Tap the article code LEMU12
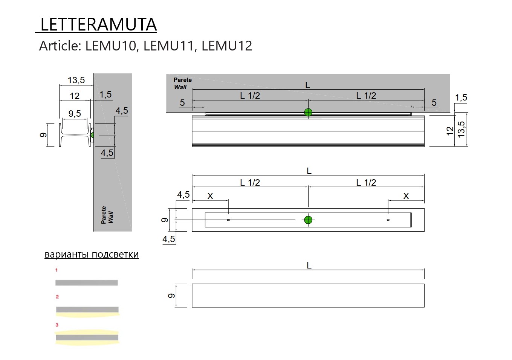click(x=226, y=46)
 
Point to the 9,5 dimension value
click(x=75, y=114)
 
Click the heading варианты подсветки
click(x=92, y=255)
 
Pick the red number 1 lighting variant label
click(x=57, y=270)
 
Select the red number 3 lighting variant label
click(x=57, y=325)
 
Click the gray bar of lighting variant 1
click(x=86, y=283)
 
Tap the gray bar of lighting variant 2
click(x=87, y=310)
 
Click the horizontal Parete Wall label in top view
click(x=182, y=84)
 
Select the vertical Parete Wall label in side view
click(x=107, y=215)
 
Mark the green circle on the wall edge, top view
click(x=308, y=112)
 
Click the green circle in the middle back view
click(x=308, y=220)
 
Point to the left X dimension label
click(x=210, y=196)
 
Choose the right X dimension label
click(x=406, y=196)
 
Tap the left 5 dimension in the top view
click(x=182, y=103)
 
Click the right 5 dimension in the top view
click(x=434, y=103)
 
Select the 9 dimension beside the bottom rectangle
click(x=171, y=296)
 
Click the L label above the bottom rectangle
click(x=309, y=265)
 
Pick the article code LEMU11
click(x=168, y=46)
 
